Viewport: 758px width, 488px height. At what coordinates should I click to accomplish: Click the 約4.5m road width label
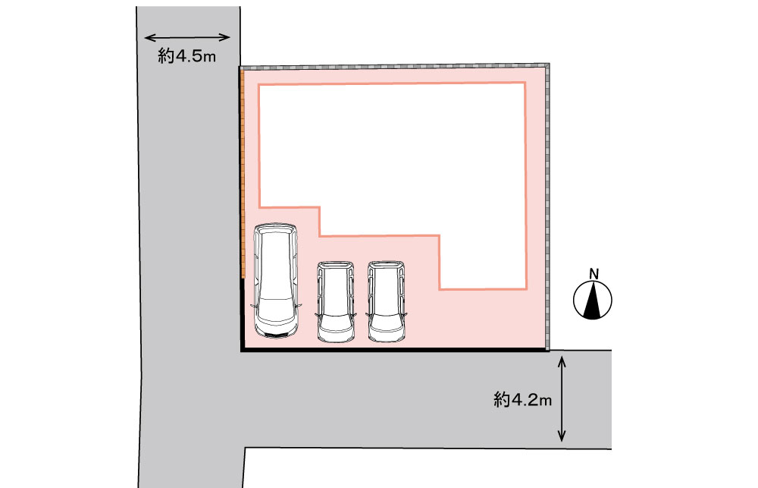click(186, 56)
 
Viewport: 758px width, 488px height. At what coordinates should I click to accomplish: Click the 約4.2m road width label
click(522, 400)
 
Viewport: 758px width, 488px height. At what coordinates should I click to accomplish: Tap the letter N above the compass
click(594, 274)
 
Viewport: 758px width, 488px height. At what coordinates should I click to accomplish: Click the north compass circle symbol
click(593, 300)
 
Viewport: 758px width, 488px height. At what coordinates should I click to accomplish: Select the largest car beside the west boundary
click(276, 280)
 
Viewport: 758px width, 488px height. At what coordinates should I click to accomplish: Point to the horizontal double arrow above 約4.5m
click(187, 37)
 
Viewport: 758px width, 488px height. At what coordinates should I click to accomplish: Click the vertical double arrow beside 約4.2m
click(561, 398)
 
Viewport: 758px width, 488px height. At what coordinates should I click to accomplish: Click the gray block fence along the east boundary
click(547, 206)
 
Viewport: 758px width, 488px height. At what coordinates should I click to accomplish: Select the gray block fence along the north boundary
click(394, 67)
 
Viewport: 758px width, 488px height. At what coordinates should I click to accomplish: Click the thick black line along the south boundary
click(394, 349)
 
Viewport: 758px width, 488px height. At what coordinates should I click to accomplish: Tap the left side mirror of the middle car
click(317, 315)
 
